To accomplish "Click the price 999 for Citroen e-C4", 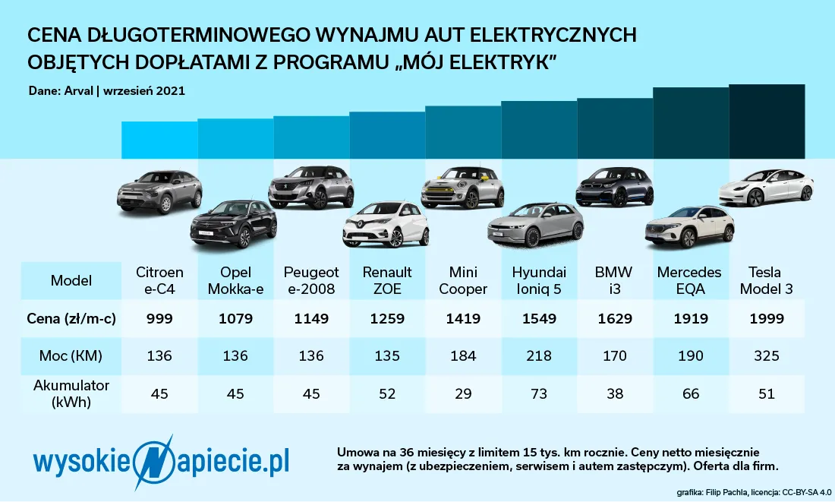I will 159,319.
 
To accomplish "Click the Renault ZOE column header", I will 387,279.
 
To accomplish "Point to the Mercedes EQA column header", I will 689,279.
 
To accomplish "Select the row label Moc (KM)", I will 71,355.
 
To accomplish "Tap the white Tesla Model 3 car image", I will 766,188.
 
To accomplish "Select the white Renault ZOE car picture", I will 386,225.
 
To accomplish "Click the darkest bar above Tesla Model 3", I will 767,122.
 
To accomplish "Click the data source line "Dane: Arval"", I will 106,90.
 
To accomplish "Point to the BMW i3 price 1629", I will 614,319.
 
